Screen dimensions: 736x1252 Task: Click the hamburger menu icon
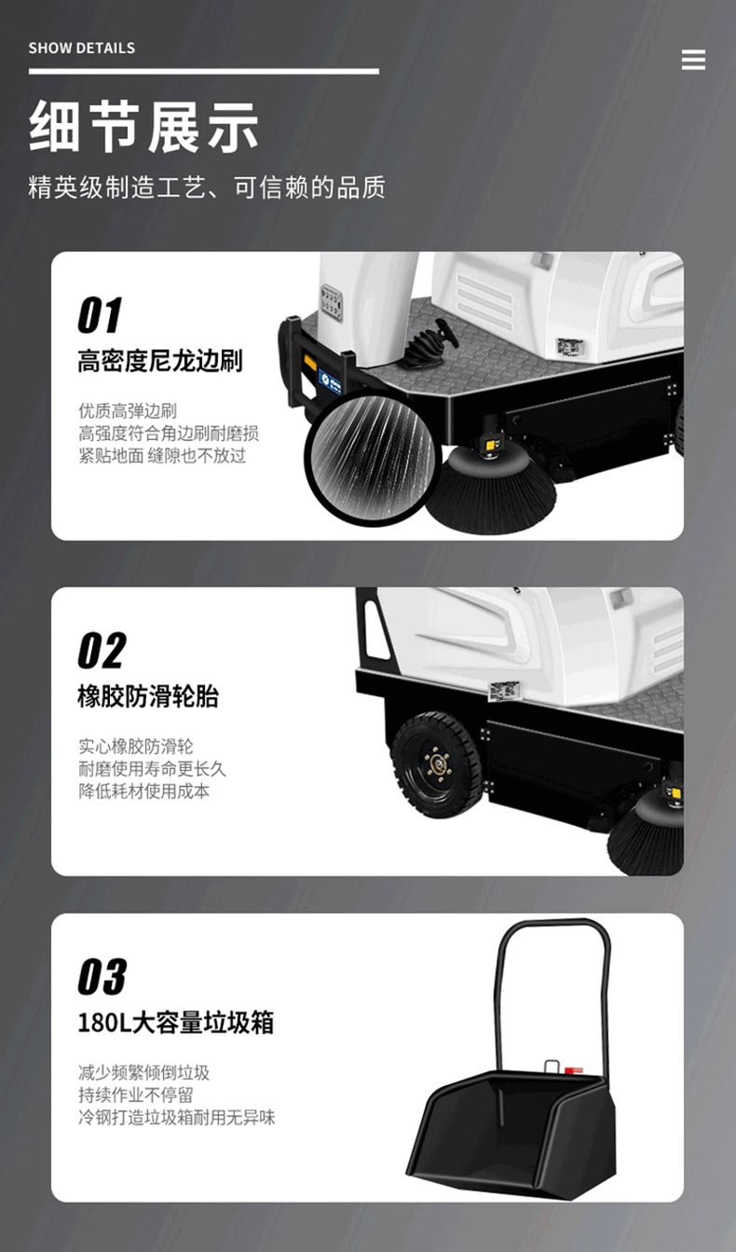click(x=693, y=60)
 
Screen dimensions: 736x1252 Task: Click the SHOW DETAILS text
click(x=82, y=48)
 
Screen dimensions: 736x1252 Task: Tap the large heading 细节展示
click(x=143, y=126)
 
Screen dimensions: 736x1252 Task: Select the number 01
click(x=100, y=315)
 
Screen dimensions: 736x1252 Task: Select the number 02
click(x=102, y=650)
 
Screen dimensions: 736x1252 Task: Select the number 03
click(x=102, y=976)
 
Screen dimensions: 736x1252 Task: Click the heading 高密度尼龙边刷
click(x=159, y=361)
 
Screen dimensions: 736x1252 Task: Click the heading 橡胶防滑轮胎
click(x=148, y=696)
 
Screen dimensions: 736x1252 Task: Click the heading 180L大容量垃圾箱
click(x=175, y=1023)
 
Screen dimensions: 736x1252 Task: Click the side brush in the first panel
click(x=491, y=489)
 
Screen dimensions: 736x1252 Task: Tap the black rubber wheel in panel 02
click(x=437, y=764)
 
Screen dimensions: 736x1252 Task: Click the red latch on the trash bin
click(x=573, y=1071)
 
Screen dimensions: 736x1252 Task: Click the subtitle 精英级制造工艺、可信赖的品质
click(x=207, y=187)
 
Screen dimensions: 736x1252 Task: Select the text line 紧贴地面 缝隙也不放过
click(x=162, y=456)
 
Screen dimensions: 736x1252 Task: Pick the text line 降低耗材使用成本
click(x=143, y=791)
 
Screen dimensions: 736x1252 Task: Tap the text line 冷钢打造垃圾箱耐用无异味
click(x=176, y=1117)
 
